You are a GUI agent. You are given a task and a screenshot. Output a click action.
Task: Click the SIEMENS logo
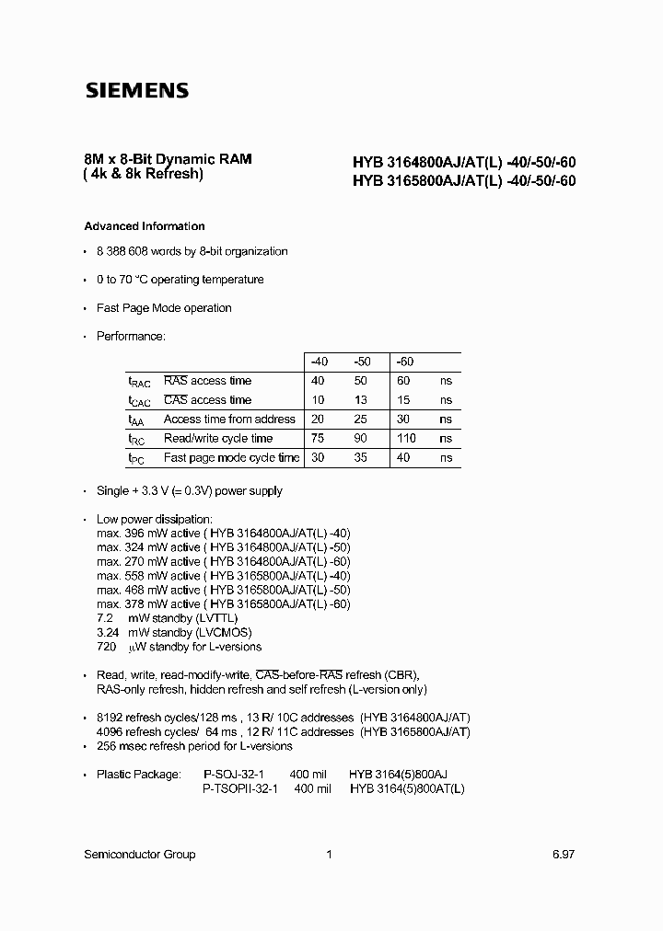point(136,91)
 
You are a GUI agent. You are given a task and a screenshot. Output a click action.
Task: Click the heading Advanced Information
point(145,226)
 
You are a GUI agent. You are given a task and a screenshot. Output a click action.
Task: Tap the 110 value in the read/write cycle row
point(407,439)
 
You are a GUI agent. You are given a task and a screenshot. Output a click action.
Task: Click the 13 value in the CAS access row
point(359,400)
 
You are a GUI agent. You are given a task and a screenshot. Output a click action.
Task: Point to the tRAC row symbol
point(137,382)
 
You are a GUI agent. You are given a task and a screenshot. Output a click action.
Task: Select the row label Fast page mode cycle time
point(231,458)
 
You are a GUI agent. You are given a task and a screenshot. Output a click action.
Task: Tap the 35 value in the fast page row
point(360,458)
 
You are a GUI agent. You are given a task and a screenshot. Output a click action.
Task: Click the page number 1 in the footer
point(329,855)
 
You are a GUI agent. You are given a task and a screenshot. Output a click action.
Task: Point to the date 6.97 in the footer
point(564,855)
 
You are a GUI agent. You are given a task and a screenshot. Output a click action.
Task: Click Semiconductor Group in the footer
point(140,855)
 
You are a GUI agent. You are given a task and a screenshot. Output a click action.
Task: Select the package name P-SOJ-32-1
point(235,775)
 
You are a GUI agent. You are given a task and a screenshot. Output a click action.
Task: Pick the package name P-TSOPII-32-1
point(239,789)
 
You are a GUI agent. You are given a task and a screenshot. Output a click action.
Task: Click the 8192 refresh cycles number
point(110,718)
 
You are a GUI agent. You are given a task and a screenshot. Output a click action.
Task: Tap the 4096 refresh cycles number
point(110,732)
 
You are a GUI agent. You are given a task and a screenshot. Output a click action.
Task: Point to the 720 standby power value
point(107,647)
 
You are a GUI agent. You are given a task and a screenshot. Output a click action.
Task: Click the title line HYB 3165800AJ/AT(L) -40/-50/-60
point(464,181)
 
